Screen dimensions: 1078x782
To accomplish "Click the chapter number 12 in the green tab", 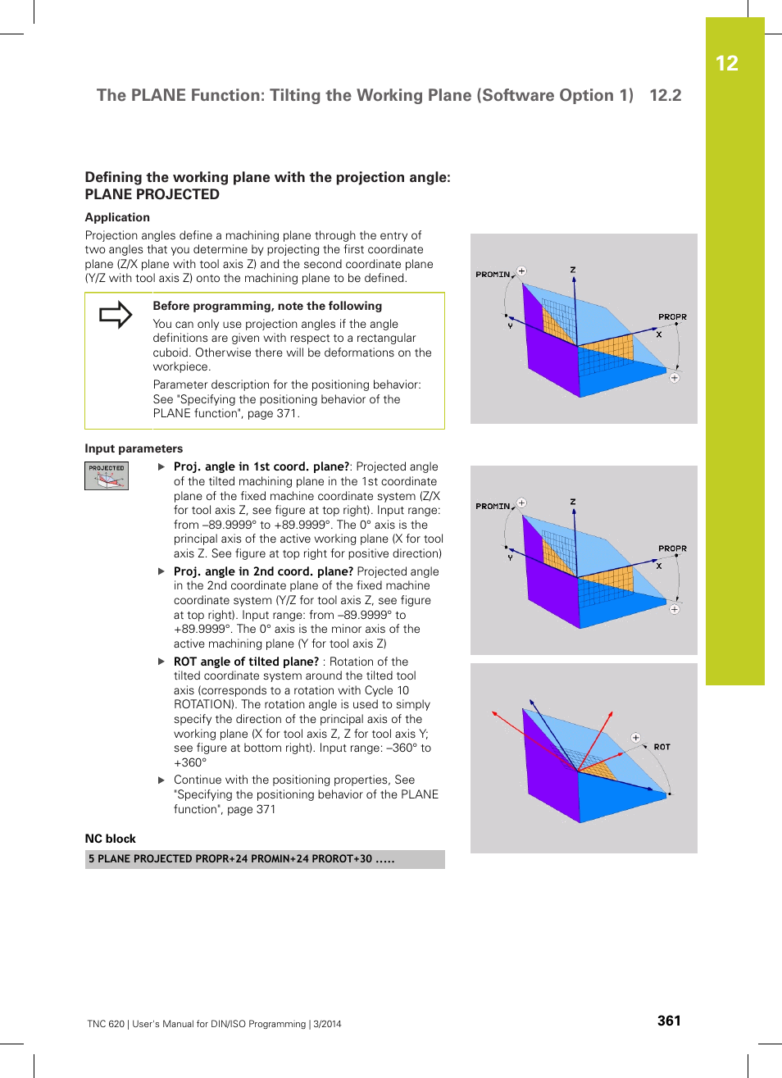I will point(726,64).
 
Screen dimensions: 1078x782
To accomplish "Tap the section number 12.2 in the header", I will point(665,95).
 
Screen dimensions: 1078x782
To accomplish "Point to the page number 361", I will point(669,1021).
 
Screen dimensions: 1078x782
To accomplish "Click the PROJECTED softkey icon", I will point(107,475).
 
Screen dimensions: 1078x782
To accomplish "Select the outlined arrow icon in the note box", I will point(116,315).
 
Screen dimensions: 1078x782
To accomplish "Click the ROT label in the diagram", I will point(662,747).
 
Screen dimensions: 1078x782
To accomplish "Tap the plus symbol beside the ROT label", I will point(635,738).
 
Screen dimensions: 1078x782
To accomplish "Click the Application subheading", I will point(117,217).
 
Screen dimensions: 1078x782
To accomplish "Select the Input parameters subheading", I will point(134,448).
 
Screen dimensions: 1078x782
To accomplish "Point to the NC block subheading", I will point(110,839).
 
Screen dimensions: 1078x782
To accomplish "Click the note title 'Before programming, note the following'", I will point(267,306).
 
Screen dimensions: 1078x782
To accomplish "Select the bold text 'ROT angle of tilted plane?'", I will point(246,662).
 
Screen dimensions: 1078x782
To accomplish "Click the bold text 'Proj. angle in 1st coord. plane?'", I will point(261,466).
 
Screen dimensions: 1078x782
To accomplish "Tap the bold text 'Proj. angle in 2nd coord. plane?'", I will point(263,571).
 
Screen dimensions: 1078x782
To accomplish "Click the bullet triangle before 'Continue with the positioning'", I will point(161,780).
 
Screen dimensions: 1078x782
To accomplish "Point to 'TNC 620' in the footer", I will point(106,1024).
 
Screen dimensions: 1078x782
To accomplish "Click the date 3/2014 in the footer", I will point(327,1024).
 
